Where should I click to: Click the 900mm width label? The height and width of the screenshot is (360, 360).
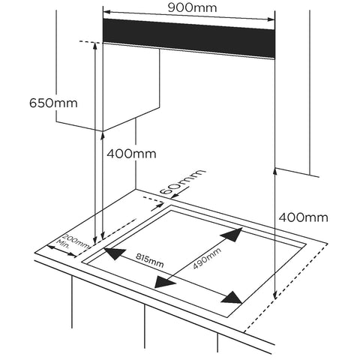[192, 8]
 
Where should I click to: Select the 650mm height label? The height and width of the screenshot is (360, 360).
[53, 103]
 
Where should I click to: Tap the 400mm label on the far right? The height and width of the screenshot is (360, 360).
[303, 217]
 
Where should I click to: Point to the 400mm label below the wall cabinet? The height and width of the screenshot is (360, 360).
[131, 154]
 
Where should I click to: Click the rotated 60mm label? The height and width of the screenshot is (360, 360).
[182, 182]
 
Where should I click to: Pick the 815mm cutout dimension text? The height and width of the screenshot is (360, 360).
[150, 260]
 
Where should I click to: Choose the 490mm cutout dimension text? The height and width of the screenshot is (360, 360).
[207, 259]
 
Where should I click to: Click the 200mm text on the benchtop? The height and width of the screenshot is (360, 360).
[76, 241]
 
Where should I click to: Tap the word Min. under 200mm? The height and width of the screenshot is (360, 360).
[63, 244]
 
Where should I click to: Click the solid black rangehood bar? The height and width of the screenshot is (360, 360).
[189, 38]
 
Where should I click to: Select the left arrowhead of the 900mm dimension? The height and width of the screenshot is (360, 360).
[106, 12]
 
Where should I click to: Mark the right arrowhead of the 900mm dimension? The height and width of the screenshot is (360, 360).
[271, 19]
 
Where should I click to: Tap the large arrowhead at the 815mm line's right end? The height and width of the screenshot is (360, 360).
[232, 298]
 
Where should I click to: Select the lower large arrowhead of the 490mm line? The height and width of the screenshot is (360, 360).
[163, 281]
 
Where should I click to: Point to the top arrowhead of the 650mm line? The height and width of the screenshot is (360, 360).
[95, 46]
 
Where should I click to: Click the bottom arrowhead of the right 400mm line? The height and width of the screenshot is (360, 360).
[275, 295]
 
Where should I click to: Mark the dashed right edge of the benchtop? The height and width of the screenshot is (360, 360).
[286, 288]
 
